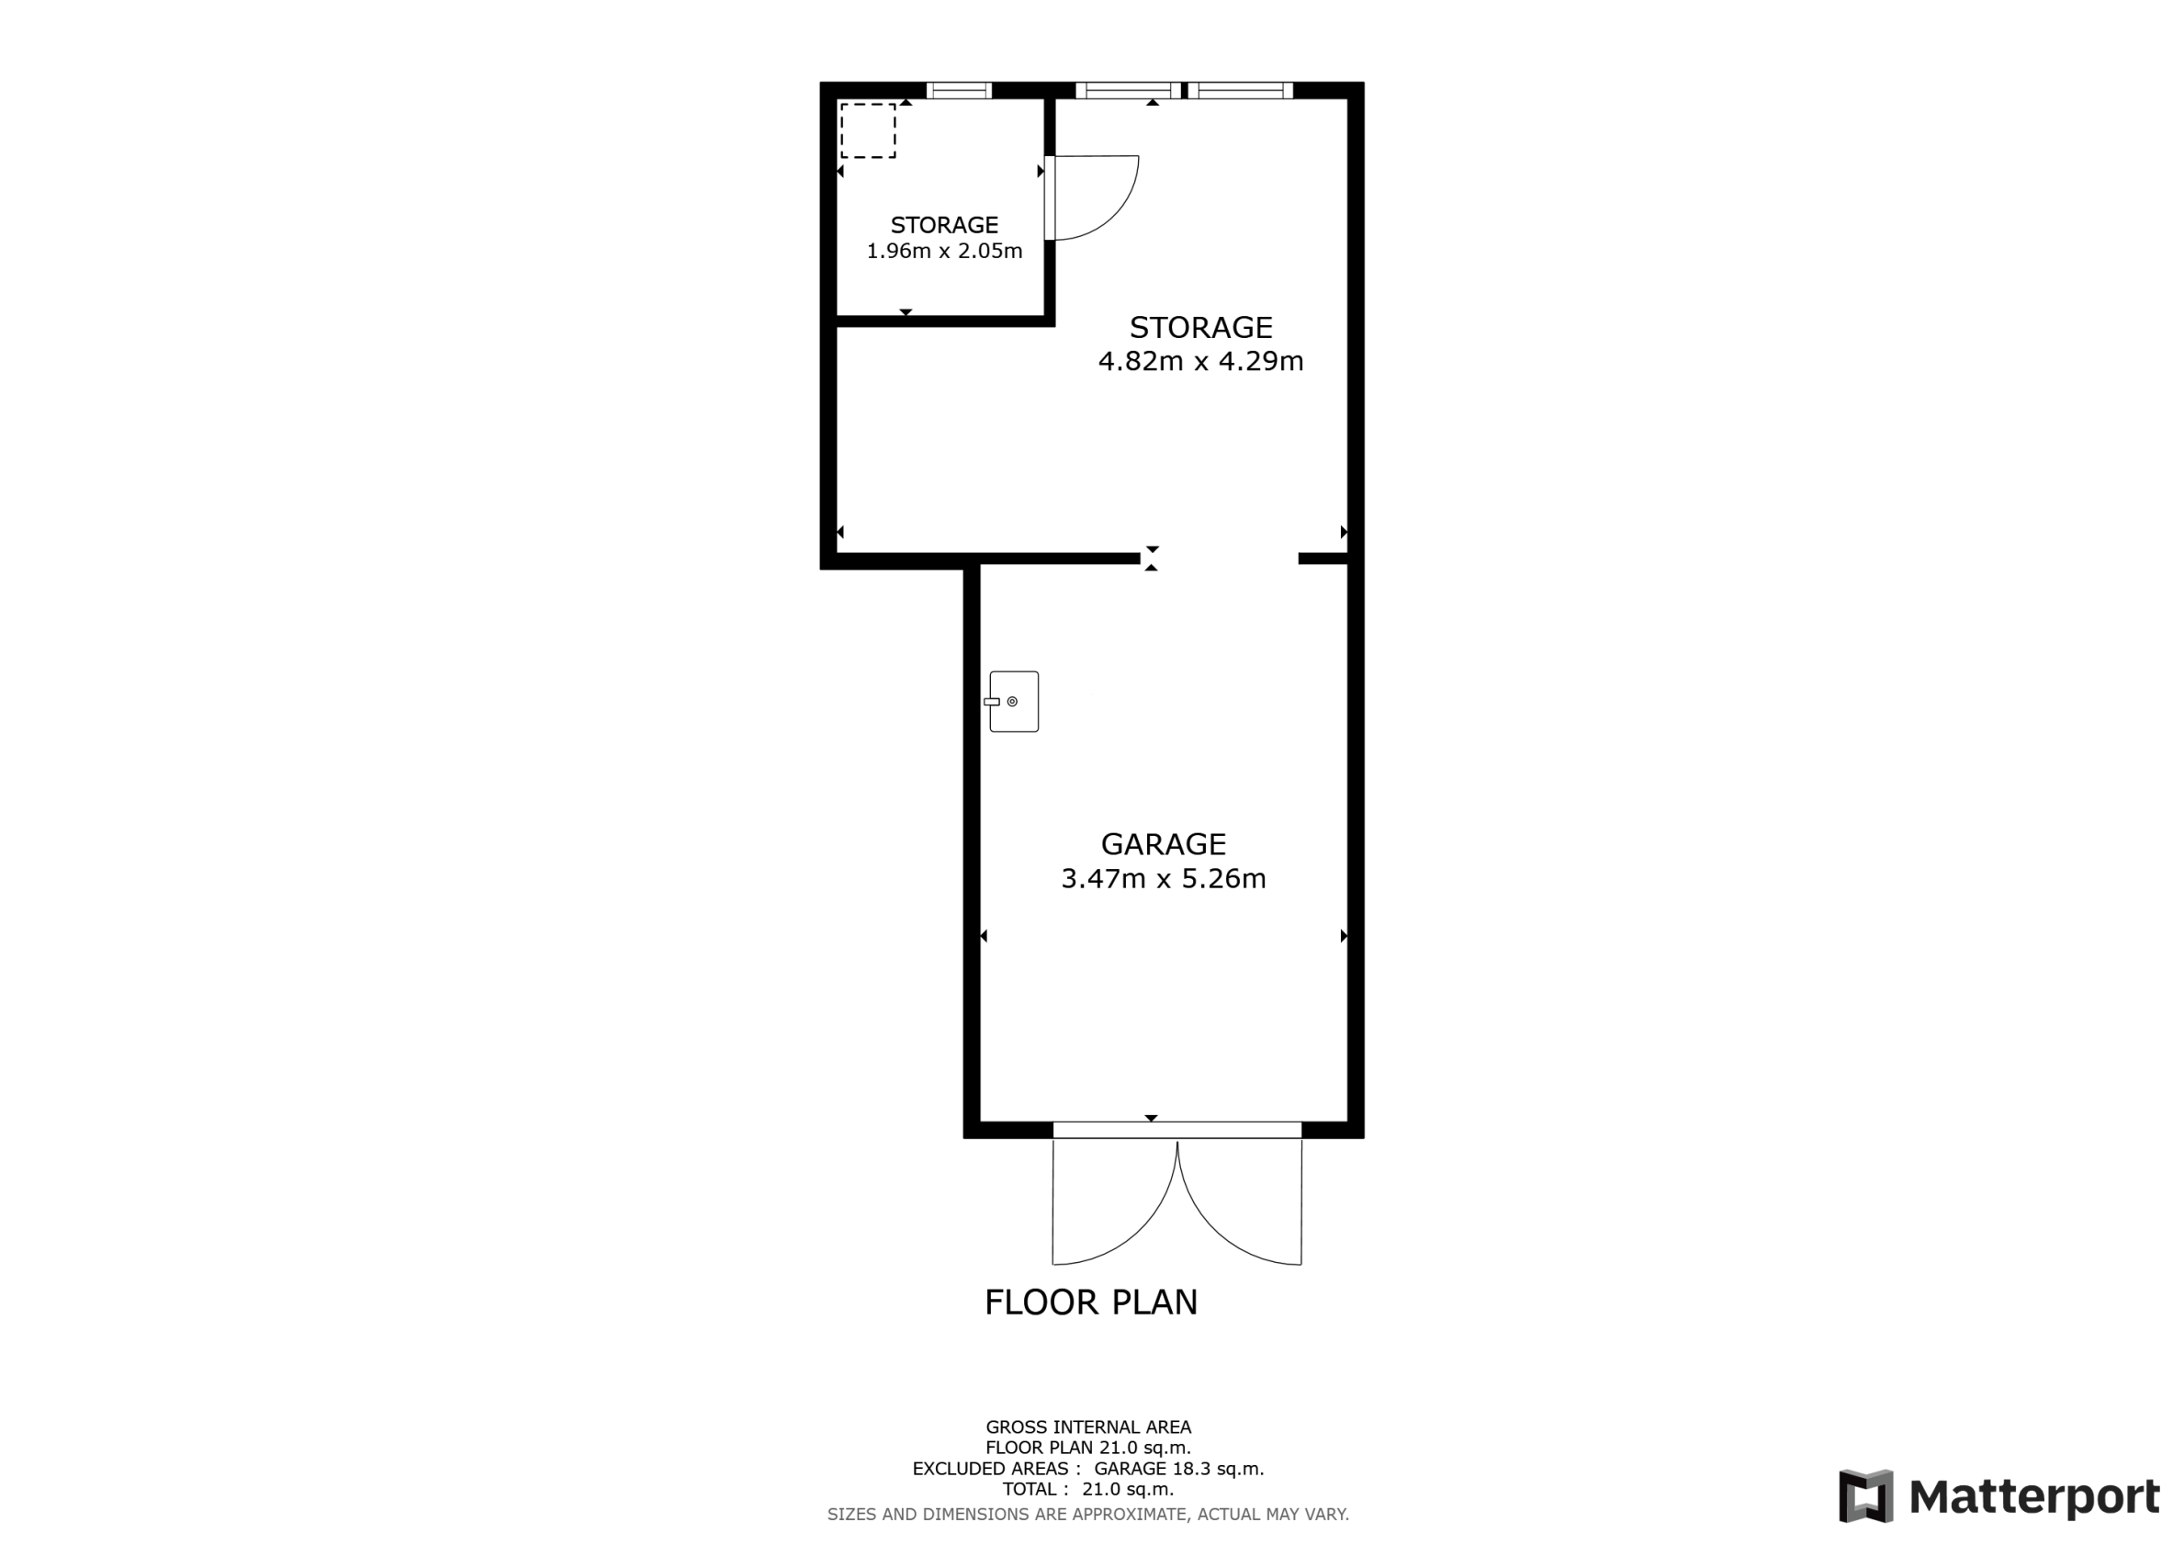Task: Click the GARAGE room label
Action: (1163, 844)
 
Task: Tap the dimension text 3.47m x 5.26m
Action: (1163, 878)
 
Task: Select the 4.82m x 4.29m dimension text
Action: (1200, 362)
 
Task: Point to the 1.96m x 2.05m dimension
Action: (943, 251)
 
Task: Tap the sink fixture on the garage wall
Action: (1012, 701)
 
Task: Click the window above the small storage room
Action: (959, 91)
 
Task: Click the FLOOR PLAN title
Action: (1091, 1303)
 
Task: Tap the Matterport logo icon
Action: (1865, 1496)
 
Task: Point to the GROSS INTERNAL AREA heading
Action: (1088, 1427)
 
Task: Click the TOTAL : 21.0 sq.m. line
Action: (1088, 1490)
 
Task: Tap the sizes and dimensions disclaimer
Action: (1088, 1515)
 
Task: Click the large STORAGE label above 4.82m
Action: (1200, 327)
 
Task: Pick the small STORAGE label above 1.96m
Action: (943, 225)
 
